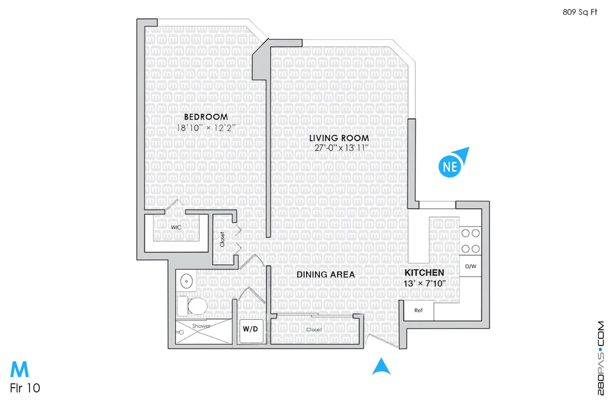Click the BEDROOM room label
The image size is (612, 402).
coord(202,117)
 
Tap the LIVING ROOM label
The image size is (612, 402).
coord(339,138)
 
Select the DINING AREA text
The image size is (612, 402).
coord(326,274)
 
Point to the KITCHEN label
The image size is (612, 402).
coord(424,272)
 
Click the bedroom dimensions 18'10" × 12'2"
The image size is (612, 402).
coord(206,128)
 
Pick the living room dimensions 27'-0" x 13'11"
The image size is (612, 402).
coord(342,148)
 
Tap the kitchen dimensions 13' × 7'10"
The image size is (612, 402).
coord(424,283)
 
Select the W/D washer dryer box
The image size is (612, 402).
coord(250,330)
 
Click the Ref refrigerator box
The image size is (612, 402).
coord(419,310)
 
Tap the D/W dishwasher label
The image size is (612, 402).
coord(470,266)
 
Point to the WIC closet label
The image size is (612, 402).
coord(176,227)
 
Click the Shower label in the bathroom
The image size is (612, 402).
coord(201,326)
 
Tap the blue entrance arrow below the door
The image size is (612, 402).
coord(380,367)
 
